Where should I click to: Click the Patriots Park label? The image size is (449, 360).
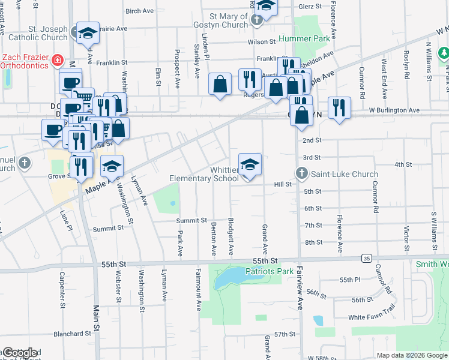[x=270, y=271]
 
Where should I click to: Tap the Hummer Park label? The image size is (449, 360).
[x=304, y=39]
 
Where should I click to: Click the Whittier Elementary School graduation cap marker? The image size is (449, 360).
[x=250, y=164]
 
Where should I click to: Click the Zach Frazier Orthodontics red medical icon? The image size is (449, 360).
[x=57, y=60]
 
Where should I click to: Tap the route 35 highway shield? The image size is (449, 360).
[x=366, y=258]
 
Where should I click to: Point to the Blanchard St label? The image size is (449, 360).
[x=71, y=334]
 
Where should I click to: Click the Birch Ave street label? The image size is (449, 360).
[x=139, y=11]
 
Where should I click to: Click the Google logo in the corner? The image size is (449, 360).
[x=20, y=353]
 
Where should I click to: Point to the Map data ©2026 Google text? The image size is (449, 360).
[x=411, y=355]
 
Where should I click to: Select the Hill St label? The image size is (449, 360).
[x=282, y=184]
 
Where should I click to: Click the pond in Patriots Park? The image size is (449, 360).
[x=228, y=278]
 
